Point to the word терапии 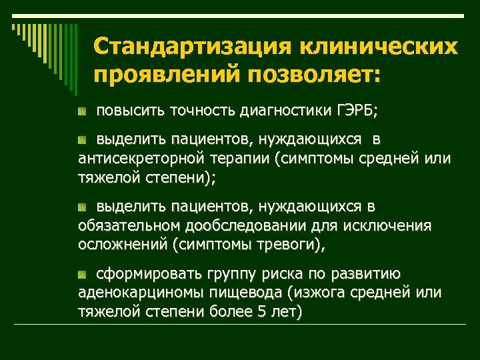234,159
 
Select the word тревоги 289,245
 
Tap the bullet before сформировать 81,274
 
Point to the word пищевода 249,293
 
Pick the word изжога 317,293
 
